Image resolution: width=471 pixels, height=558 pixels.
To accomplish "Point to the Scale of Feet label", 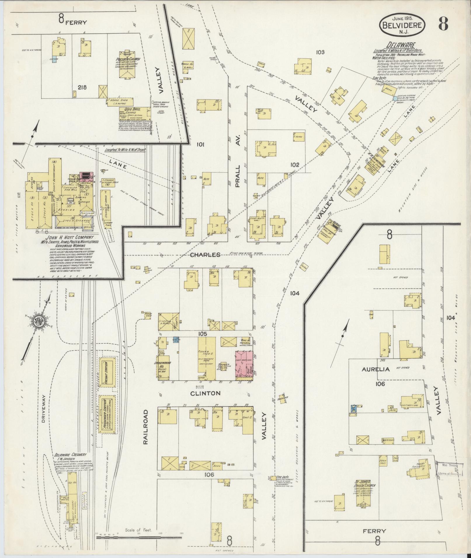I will [138, 530].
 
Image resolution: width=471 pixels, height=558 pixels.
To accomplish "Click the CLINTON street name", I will [205, 393].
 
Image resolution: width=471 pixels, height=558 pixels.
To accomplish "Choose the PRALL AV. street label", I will [237, 176].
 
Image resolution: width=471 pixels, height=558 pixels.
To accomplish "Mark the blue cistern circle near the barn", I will [395, 99].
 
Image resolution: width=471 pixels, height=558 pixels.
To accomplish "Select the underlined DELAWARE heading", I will [397, 45].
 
